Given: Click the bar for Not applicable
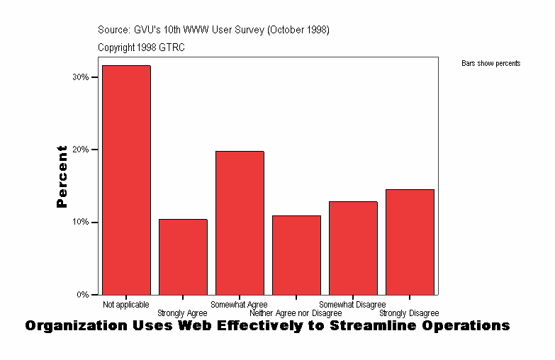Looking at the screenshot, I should coord(126,180).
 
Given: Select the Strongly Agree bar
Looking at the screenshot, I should coord(183,257).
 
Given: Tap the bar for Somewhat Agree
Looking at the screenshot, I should coord(240,223).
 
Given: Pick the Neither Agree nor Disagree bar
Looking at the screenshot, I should coord(296,255).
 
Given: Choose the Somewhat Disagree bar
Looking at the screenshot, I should coord(353,248).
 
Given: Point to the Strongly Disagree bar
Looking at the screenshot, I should coord(410,242).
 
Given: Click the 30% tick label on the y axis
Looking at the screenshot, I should coord(80,77).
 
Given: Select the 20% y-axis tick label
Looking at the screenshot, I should coord(80,150).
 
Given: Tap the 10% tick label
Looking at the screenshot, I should coord(80,222).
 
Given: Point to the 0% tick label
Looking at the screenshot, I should coord(82,294).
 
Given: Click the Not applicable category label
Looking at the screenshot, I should coord(126,305).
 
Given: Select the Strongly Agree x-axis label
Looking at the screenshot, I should coord(182,313).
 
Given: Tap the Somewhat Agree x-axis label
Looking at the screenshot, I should coord(239,305).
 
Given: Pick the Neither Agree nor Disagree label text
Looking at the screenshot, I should coord(296,313).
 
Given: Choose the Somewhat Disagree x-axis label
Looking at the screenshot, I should coord(352,305).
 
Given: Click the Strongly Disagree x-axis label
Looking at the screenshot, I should coord(409,313).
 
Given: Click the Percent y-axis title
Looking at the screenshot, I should coord(62,176).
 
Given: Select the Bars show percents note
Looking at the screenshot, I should coord(490,64).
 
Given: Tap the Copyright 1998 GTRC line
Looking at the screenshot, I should coord(141,47).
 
